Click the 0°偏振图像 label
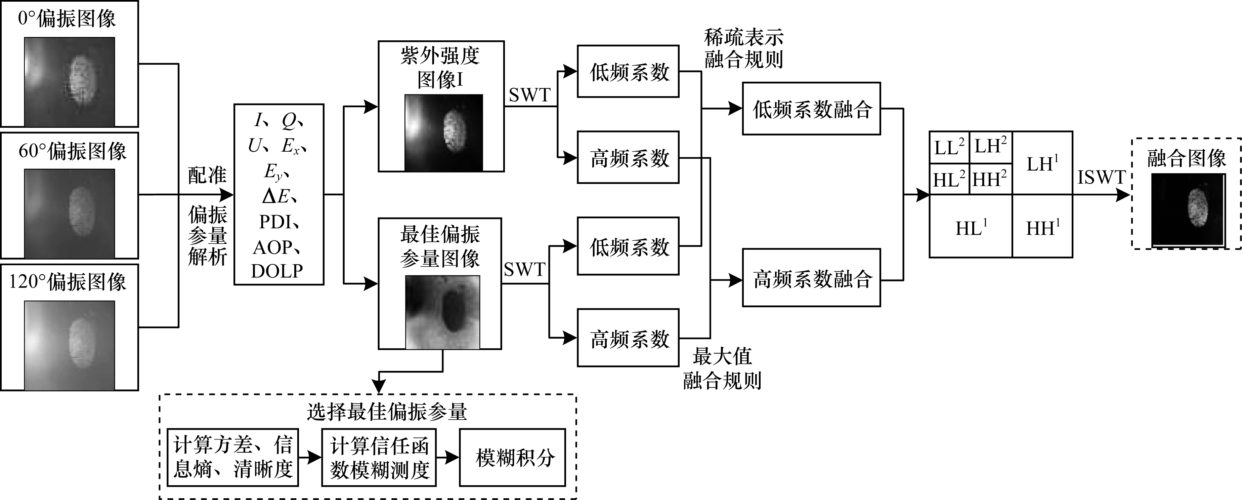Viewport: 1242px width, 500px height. coord(67,19)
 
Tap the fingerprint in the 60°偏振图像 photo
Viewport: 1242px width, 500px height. coord(81,213)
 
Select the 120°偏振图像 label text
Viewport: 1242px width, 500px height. coord(68,282)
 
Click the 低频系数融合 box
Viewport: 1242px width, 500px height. coord(811,109)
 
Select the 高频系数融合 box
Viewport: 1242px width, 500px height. coord(811,278)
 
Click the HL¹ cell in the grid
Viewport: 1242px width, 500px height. coord(971,227)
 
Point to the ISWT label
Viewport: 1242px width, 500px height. coord(1101,178)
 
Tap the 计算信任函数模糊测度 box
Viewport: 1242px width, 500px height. coord(379,457)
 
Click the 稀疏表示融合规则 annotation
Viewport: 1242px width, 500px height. coord(743,48)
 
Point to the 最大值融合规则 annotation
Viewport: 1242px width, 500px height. coord(722,368)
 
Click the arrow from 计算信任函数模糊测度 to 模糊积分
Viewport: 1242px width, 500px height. coord(448,457)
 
